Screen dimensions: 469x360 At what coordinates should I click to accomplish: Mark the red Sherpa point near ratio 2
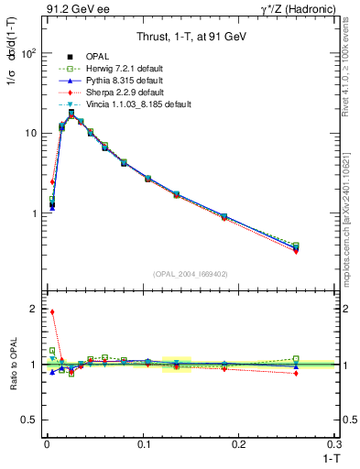tap(52, 311)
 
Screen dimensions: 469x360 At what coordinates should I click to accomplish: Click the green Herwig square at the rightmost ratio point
tap(321, 358)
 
